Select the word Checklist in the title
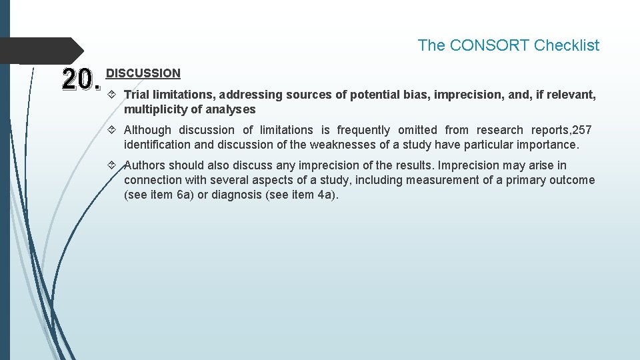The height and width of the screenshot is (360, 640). pyautogui.click(x=567, y=45)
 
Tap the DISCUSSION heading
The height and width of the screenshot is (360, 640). pyautogui.click(x=143, y=73)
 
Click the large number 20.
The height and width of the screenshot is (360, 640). pyautogui.click(x=81, y=80)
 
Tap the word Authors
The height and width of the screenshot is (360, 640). pyautogui.click(x=145, y=165)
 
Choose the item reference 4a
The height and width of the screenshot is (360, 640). pyautogui.click(x=325, y=195)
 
